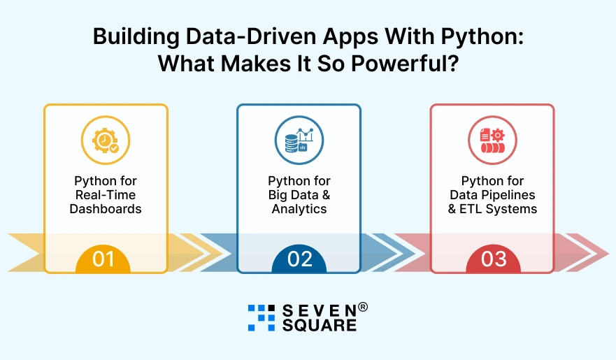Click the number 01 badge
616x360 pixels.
pyautogui.click(x=103, y=259)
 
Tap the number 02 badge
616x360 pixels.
pyautogui.click(x=299, y=259)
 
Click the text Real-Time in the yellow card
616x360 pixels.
pyautogui.click(x=105, y=195)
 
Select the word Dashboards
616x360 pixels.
pyautogui.click(x=105, y=208)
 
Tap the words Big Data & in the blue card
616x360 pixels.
pyautogui.click(x=299, y=195)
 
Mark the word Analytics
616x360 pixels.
pyautogui.click(x=299, y=208)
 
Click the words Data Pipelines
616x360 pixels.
pyautogui.click(x=492, y=195)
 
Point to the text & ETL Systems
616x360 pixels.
pyautogui.click(x=492, y=208)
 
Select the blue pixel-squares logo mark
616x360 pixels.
pyautogui.click(x=262, y=317)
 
